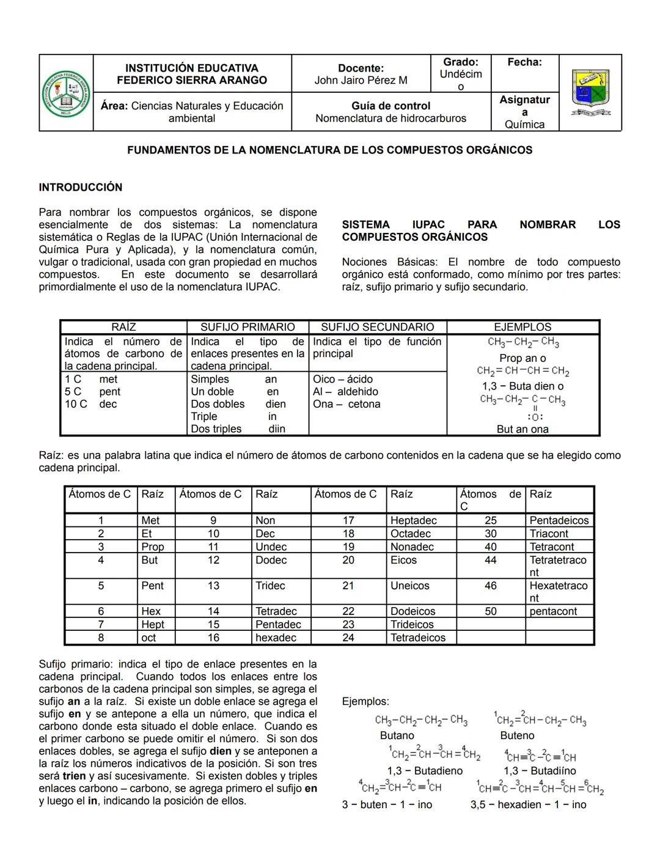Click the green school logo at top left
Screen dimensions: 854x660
tap(66, 94)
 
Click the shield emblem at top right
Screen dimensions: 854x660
tap(590, 92)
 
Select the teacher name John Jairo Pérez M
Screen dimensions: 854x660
tap(361, 80)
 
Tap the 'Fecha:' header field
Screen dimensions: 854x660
tap(524, 62)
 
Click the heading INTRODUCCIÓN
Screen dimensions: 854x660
tap(81, 187)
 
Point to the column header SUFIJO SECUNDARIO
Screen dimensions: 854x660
tap(377, 327)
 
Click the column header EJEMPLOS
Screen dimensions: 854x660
tap(522, 327)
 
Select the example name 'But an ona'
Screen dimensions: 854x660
tap(522, 429)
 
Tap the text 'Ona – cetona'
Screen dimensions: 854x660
tap(346, 404)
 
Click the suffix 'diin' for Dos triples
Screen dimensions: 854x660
tap(277, 429)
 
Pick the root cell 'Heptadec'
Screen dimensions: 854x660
tap(414, 520)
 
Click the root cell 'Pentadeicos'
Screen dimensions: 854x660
tap(559, 520)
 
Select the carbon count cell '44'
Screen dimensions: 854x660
tap(491, 560)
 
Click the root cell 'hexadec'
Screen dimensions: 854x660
tap(276, 638)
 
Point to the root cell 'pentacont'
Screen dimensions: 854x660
tap(553, 611)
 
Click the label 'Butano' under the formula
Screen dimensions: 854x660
tap(397, 735)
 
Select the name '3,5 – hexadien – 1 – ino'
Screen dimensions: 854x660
tap(528, 804)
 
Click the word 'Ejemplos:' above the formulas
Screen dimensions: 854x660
tap(365, 702)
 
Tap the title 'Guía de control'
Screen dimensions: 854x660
tap(391, 106)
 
